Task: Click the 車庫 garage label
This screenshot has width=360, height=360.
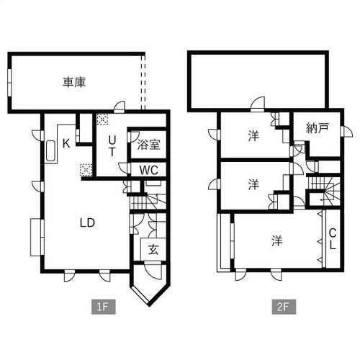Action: (x=74, y=82)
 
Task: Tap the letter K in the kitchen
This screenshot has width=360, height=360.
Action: (x=66, y=143)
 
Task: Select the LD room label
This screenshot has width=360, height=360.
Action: (x=87, y=223)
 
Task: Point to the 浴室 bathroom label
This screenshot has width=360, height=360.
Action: (x=148, y=145)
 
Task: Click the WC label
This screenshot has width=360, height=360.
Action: (x=149, y=170)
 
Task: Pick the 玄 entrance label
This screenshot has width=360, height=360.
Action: (x=153, y=250)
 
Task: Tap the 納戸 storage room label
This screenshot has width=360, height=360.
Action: (x=318, y=128)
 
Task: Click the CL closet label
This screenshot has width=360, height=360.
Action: (x=333, y=239)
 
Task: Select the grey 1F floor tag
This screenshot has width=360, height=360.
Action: (x=104, y=307)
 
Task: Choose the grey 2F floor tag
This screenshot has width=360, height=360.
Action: (x=284, y=307)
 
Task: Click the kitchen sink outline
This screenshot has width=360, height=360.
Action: (x=50, y=150)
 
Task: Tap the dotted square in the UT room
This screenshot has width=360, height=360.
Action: (x=102, y=119)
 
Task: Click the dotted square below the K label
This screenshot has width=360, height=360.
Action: (x=86, y=170)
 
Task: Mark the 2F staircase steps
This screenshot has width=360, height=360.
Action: (x=323, y=189)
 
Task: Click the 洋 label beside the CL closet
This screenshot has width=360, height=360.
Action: (x=277, y=240)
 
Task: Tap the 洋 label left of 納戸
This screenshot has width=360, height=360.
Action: (x=253, y=135)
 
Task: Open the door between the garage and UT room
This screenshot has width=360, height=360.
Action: (x=120, y=107)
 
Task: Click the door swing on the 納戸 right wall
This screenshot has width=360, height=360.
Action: (x=347, y=132)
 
